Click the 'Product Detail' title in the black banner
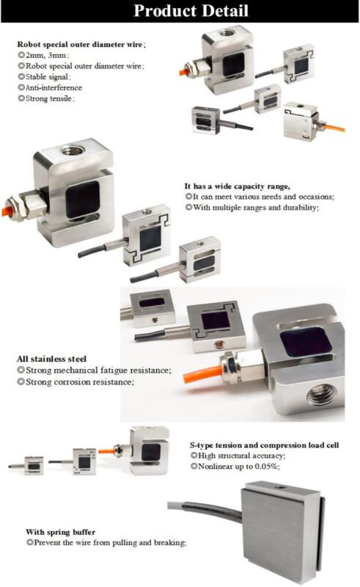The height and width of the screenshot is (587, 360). (191, 10)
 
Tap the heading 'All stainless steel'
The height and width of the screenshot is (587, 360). (51, 359)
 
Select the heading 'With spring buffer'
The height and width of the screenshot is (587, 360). (61, 532)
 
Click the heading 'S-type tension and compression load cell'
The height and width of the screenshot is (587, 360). (264, 445)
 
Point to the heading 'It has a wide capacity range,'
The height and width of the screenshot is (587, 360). (238, 186)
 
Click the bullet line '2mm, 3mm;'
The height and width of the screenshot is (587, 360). (43, 56)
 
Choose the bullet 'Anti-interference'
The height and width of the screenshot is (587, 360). (50, 87)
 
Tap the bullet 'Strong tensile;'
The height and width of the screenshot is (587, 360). (46, 98)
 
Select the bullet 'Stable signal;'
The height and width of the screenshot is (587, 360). (44, 77)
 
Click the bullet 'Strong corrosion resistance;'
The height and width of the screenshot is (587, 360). (76, 382)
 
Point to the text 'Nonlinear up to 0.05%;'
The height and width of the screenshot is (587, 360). (235, 467)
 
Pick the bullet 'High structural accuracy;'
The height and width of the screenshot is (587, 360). (238, 456)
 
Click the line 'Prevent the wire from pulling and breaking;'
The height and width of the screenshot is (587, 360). (106, 542)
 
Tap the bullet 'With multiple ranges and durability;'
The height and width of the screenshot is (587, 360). (251, 208)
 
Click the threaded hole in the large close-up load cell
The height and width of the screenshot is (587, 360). (321, 395)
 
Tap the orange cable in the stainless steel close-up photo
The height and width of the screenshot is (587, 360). (202, 374)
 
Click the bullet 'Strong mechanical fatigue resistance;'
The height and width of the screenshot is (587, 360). (95, 371)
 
